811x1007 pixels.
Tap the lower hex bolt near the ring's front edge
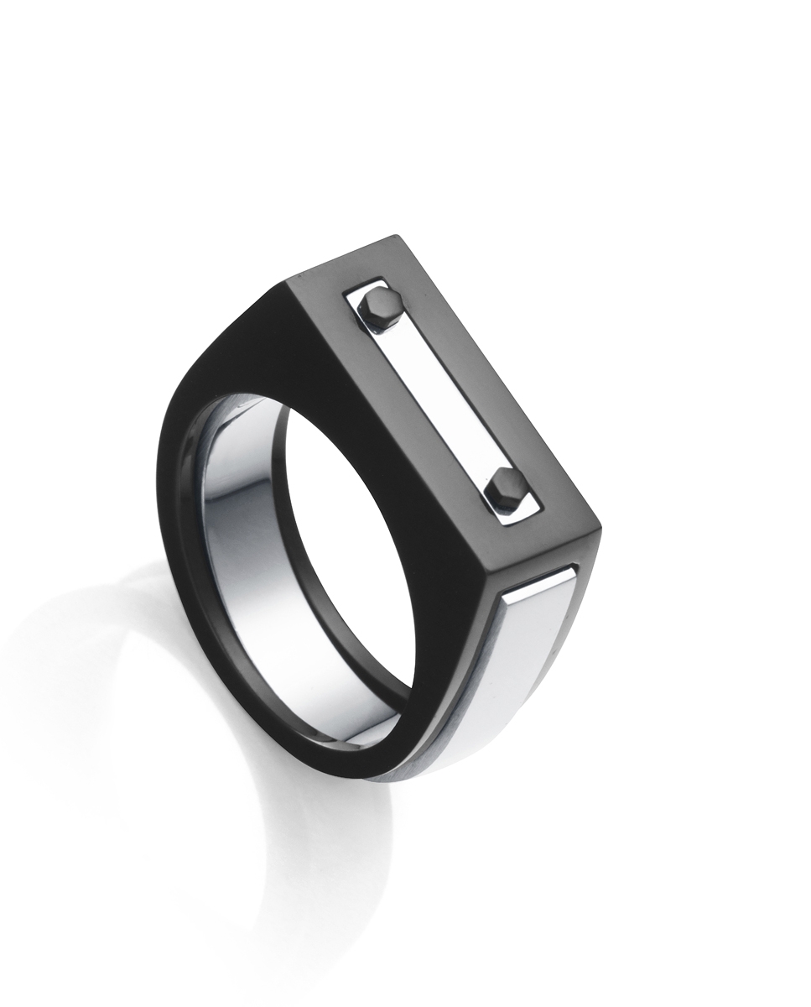point(508,487)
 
